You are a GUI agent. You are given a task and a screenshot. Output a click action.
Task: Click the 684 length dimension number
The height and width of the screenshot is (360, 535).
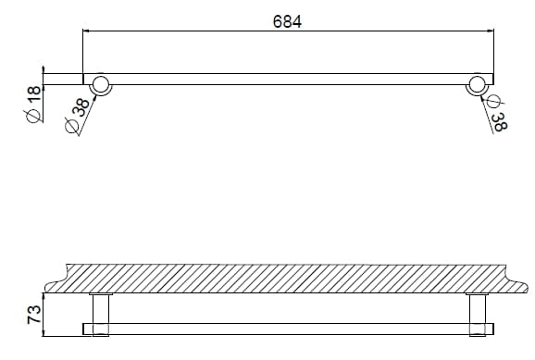[287, 21]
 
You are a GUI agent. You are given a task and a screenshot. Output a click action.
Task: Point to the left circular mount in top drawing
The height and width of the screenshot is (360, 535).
[102, 84]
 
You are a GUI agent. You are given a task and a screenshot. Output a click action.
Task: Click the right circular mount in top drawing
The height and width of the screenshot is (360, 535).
[478, 84]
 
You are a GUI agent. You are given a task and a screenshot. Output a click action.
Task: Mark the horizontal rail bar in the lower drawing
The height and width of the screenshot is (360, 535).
[287, 328]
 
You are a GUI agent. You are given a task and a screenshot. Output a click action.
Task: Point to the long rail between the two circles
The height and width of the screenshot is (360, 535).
[287, 80]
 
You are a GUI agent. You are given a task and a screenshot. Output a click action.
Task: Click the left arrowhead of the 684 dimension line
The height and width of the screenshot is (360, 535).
[87, 32]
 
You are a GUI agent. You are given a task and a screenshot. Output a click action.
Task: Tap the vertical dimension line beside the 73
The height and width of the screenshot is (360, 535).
[43, 313]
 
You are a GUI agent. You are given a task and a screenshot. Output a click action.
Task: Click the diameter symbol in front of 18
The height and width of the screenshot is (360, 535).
[33, 115]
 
